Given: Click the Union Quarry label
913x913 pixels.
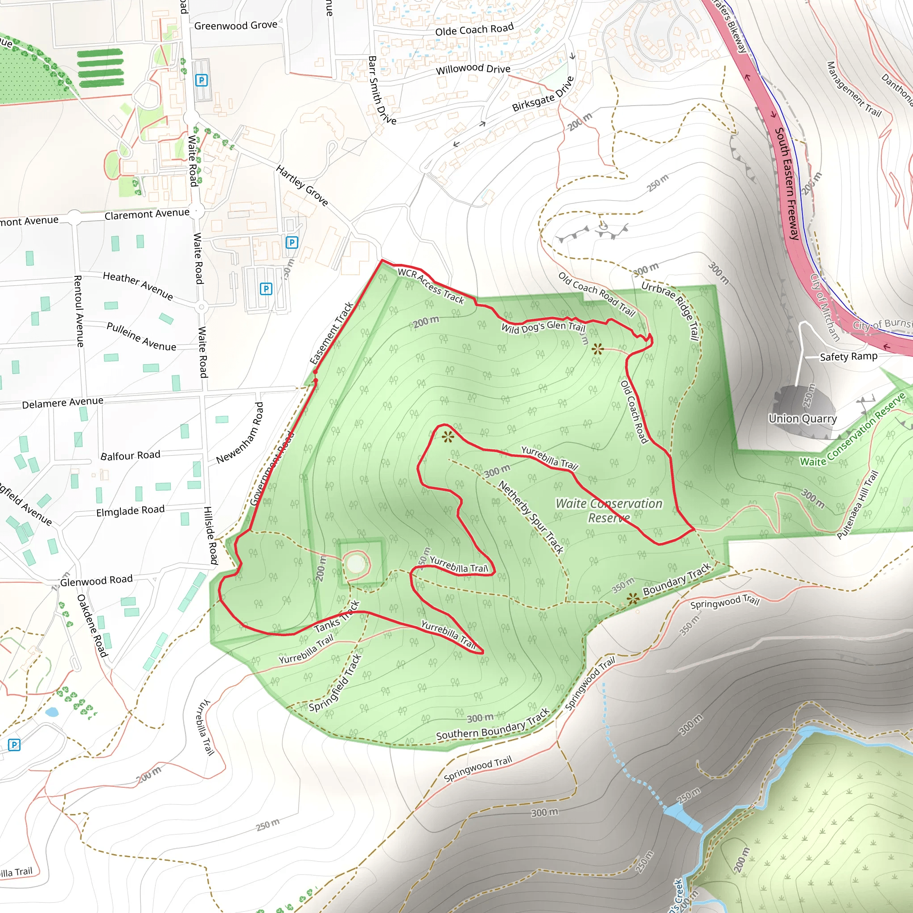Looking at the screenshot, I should point(802,419).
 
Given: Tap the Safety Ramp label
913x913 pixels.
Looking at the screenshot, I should point(848,357).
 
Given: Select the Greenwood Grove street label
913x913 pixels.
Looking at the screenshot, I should point(235,25).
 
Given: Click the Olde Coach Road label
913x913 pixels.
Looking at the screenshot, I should point(474,30).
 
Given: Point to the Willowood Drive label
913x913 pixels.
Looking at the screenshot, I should point(473,70).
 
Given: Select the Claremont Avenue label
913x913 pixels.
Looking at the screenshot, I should point(147,214).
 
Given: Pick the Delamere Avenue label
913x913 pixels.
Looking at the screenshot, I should point(62,403).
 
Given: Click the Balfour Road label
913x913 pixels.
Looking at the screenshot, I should point(130,456).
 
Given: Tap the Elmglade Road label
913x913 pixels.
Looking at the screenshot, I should point(130,511).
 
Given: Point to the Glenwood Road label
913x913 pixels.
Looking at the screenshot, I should point(96,580).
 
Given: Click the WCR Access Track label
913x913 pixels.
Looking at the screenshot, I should point(431,285).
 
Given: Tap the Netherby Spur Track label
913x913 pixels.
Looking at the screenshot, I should point(531,517).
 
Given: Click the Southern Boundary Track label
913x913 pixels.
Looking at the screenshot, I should point(493,725).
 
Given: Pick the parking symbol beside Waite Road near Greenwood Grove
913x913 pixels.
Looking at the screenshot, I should point(202,80).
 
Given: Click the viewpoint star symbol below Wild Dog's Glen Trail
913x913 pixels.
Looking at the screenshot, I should point(597,349).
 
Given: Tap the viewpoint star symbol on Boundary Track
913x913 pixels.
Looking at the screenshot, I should point(633,600).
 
